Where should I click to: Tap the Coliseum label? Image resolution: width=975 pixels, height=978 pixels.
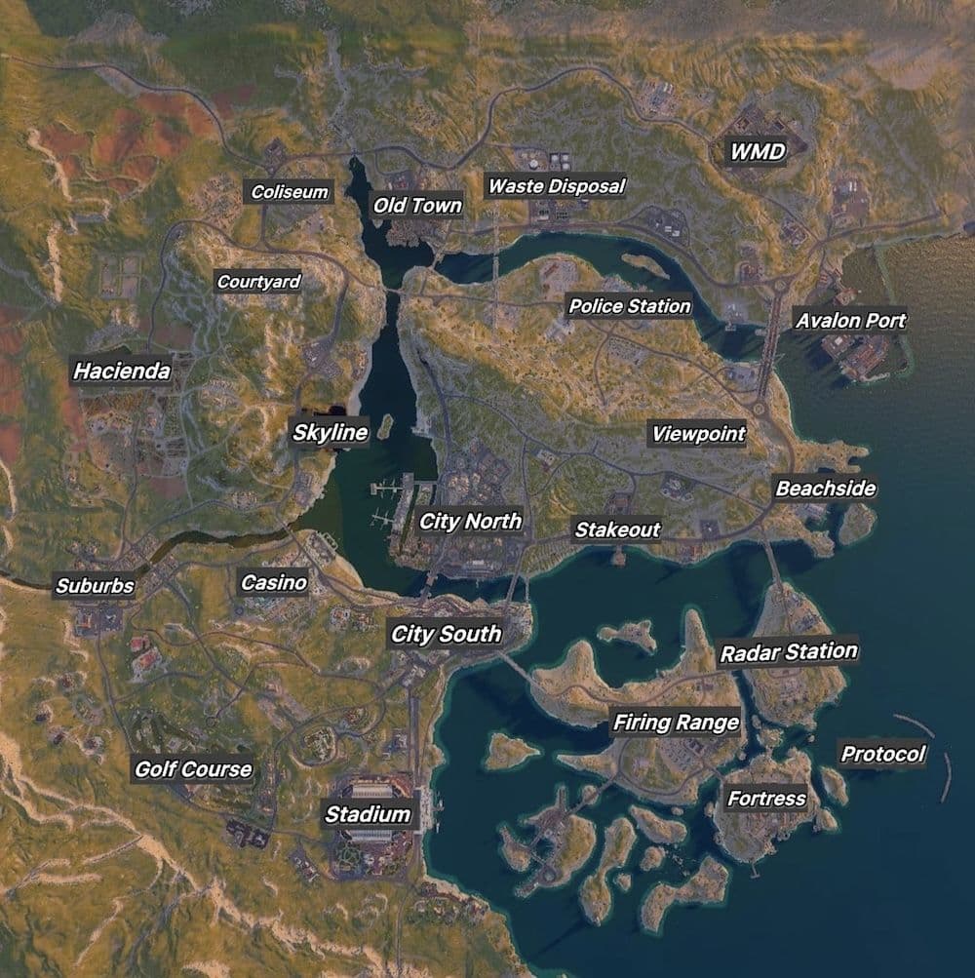click(290, 192)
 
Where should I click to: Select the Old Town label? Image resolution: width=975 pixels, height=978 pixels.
click(417, 206)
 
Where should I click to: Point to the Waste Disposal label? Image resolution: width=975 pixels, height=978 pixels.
click(556, 185)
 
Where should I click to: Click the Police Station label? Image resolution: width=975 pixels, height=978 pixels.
click(629, 306)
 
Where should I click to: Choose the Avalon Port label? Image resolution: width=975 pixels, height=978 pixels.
click(850, 320)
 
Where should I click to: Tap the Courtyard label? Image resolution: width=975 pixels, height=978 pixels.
click(258, 282)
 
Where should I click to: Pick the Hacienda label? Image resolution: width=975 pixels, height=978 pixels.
click(122, 372)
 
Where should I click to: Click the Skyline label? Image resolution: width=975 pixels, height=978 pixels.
click(331, 433)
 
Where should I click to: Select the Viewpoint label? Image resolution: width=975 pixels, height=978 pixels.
click(698, 434)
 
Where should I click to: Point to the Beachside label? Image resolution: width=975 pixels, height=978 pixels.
click(825, 489)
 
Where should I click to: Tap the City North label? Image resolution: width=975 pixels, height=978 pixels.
click(470, 522)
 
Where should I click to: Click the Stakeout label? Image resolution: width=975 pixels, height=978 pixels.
click(616, 530)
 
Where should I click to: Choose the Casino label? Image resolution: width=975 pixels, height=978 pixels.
click(274, 583)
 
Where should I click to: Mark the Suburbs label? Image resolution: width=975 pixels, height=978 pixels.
click(95, 586)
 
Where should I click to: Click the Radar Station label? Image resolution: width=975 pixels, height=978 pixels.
click(789, 651)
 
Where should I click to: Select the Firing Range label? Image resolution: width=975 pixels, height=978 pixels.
click(676, 723)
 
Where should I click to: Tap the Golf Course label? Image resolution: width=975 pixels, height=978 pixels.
click(193, 769)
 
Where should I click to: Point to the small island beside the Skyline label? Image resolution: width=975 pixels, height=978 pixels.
click(384, 426)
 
